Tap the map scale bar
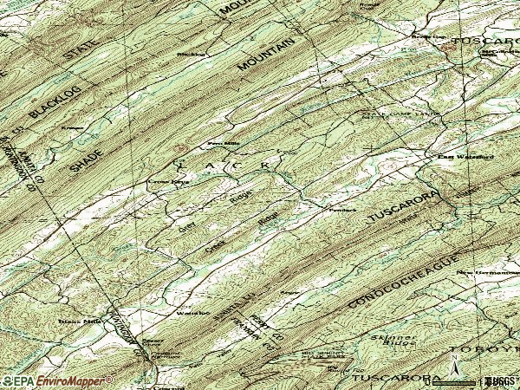point(461,379)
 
